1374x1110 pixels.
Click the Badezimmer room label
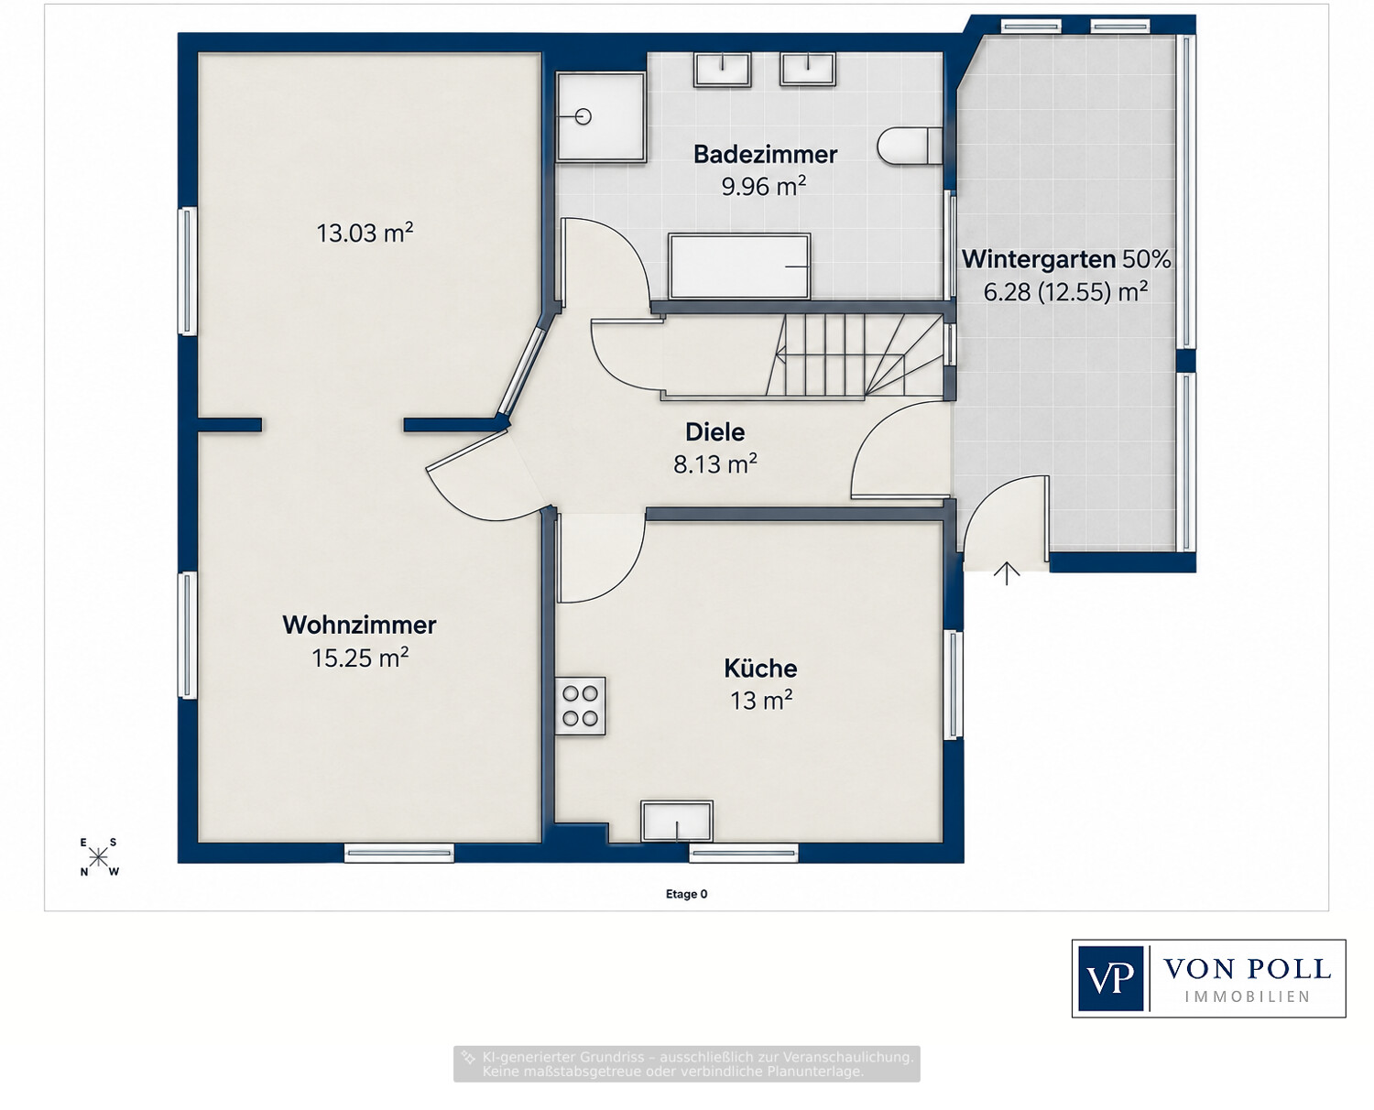(765, 154)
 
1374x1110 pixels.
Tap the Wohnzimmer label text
(359, 625)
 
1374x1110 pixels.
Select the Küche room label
(760, 669)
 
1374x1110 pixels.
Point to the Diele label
(714, 432)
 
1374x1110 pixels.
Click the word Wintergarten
(1039, 259)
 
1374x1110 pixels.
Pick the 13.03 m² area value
(365, 233)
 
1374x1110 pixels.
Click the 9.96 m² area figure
(764, 186)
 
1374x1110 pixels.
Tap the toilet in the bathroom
(910, 146)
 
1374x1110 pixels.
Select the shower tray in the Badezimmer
(601, 116)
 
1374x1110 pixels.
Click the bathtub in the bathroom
(739, 267)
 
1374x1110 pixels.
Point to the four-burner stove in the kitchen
(581, 705)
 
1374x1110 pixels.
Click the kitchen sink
(677, 822)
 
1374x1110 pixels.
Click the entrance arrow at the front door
(1007, 572)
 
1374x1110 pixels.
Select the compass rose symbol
(99, 857)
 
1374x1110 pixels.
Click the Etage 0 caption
(686, 894)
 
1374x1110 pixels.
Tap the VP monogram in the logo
(1111, 978)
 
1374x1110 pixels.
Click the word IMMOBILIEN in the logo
(1248, 996)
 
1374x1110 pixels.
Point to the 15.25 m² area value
(360, 658)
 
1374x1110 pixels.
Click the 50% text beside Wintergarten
(1147, 259)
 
